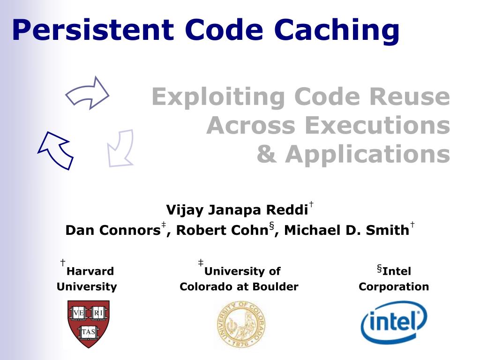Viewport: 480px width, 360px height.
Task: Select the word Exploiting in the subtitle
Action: click(218, 97)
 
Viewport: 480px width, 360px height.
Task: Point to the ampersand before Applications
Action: click(266, 154)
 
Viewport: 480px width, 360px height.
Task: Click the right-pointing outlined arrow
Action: click(88, 93)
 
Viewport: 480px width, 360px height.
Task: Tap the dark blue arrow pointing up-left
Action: click(55, 150)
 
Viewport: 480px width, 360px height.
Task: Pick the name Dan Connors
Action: click(112, 231)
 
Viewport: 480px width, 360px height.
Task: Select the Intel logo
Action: click(394, 322)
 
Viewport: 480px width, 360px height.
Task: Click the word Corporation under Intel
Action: click(394, 287)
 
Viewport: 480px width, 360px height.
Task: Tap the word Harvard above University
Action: click(90, 271)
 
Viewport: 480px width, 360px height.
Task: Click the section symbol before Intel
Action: click(379, 269)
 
